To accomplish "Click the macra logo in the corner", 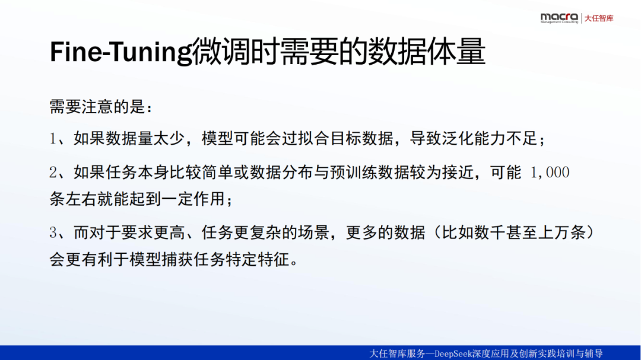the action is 559,18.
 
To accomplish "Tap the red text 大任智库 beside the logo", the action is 599,18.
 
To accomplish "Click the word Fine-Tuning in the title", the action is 120,52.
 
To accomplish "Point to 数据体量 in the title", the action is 427,52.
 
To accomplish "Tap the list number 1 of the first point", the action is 53,139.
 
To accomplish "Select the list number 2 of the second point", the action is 53,173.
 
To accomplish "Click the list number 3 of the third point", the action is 53,232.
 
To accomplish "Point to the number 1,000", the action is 550,173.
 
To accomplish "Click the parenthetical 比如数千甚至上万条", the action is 513,232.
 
